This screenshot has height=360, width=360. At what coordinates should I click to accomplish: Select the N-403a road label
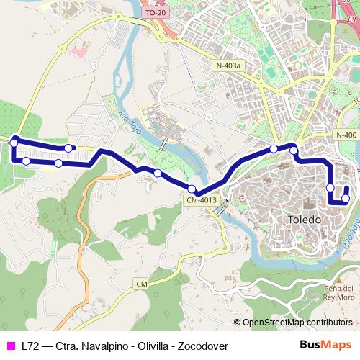[229, 66]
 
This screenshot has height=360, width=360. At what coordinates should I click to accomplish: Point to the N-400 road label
[346, 135]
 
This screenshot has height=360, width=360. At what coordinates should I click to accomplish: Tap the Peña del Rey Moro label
[338, 292]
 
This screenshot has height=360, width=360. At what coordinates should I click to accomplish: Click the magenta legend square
[10, 346]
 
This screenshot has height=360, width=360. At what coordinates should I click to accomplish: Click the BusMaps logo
[325, 346]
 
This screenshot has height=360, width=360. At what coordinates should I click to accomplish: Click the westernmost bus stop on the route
[14, 143]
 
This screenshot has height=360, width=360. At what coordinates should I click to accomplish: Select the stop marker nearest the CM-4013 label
[192, 189]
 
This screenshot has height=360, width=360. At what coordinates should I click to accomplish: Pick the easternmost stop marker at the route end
[346, 199]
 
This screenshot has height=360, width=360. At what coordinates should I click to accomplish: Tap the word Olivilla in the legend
[145, 346]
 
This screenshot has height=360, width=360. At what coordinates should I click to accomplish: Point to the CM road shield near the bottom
[142, 285]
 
